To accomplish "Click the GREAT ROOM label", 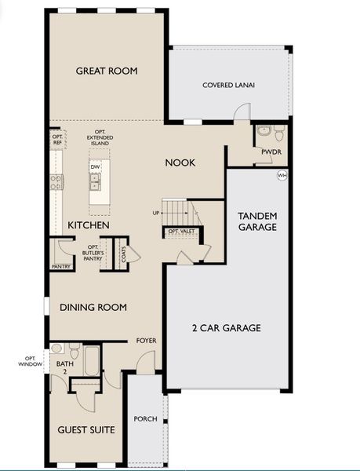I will tap(107, 71).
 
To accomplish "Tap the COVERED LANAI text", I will tap(228, 86).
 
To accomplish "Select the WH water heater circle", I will tap(281, 176).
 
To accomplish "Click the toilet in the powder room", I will tap(264, 132).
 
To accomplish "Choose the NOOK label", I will tap(180, 162).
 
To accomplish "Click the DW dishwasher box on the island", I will tap(95, 167).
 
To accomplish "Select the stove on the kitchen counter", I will tap(57, 182).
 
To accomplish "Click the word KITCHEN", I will tap(88, 225).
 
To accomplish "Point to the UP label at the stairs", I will tap(157, 213).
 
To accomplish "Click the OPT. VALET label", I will tap(180, 232).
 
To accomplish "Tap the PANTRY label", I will tap(61, 266).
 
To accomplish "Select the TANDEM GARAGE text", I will tap(257, 221).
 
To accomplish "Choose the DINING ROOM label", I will tap(93, 307).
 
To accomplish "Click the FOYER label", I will tap(146, 341).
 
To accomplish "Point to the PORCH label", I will tap(145, 419).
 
